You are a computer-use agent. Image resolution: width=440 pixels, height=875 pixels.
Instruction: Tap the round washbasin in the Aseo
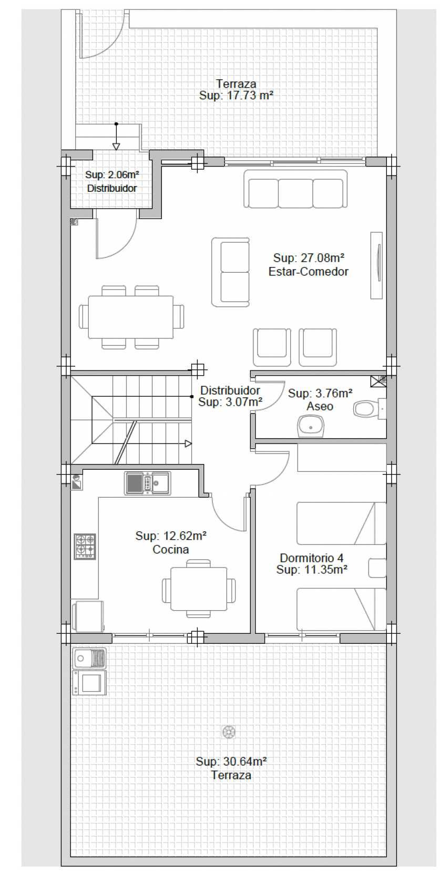pyautogui.click(x=310, y=426)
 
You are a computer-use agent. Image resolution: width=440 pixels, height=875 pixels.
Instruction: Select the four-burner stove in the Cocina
pyautogui.click(x=85, y=545)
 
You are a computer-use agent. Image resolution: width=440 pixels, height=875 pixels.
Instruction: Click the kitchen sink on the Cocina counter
pyautogui.click(x=148, y=483)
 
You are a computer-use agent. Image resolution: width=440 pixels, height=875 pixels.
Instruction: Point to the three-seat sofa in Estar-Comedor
pyautogui.click(x=295, y=189)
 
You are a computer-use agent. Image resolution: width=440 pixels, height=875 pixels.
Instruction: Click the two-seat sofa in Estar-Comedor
pyautogui.click(x=231, y=272)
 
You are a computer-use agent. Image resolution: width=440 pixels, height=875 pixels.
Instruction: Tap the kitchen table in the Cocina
pyautogui.click(x=199, y=588)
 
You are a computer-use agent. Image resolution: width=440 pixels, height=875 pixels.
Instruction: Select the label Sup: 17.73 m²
pyautogui.click(x=236, y=95)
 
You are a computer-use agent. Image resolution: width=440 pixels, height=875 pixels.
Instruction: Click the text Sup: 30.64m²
pyautogui.click(x=231, y=761)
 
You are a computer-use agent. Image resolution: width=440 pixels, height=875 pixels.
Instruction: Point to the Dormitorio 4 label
pyautogui.click(x=311, y=558)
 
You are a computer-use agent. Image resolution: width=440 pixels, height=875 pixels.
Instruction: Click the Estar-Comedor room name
pyautogui.click(x=308, y=272)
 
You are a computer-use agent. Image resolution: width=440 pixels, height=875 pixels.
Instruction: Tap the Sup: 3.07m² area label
pyautogui.click(x=230, y=402)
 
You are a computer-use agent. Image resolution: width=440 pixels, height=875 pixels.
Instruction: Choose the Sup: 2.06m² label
pyautogui.click(x=112, y=174)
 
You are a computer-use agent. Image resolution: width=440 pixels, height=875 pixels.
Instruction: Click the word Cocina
pyautogui.click(x=171, y=549)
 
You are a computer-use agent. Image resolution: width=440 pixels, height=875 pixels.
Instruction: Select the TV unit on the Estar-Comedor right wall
pyautogui.click(x=377, y=265)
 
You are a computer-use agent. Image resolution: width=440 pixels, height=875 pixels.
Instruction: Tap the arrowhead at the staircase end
pyautogui.click(x=188, y=444)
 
